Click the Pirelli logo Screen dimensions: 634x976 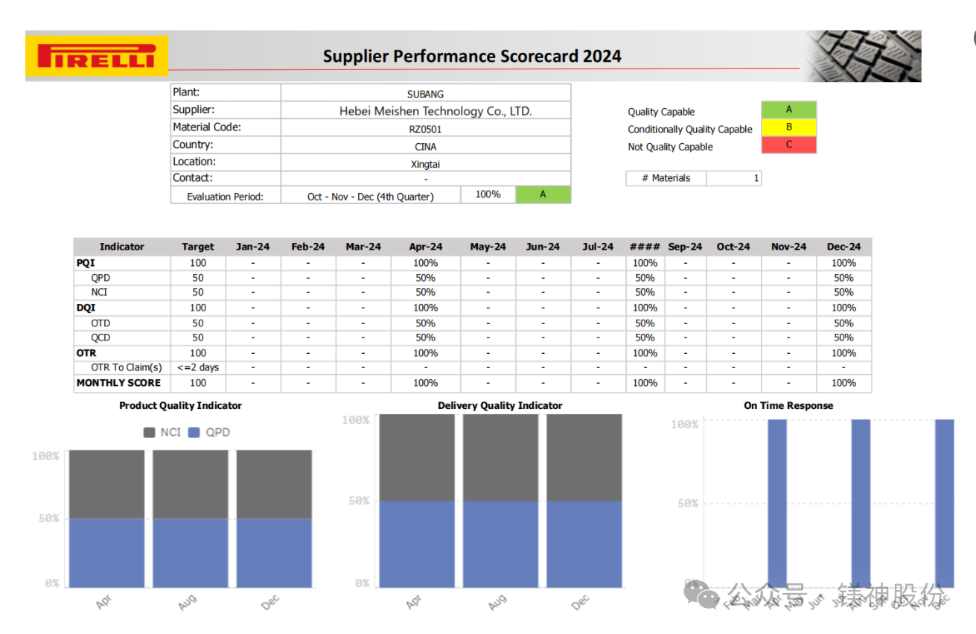click(97, 57)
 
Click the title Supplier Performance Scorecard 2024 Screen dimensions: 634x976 click(472, 57)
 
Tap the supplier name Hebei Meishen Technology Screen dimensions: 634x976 click(436, 112)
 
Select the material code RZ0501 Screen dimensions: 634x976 click(426, 129)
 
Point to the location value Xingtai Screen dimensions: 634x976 click(426, 163)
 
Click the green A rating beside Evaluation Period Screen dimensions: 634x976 click(543, 194)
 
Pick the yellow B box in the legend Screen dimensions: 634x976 click(788, 127)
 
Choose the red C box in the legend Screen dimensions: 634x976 click(788, 145)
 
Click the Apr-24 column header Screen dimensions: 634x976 click(426, 247)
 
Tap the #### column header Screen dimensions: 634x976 click(645, 247)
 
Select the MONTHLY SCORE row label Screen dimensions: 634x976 click(119, 383)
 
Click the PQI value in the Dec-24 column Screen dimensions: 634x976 click(843, 263)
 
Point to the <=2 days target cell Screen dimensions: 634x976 click(198, 367)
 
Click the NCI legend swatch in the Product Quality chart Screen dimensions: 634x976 click(150, 432)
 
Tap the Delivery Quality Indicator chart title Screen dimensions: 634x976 click(500, 406)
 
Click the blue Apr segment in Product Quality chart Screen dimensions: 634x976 click(106, 553)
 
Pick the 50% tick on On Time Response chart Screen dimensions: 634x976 click(687, 504)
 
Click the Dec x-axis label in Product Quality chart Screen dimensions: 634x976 click(270, 603)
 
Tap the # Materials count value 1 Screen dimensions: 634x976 click(756, 178)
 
